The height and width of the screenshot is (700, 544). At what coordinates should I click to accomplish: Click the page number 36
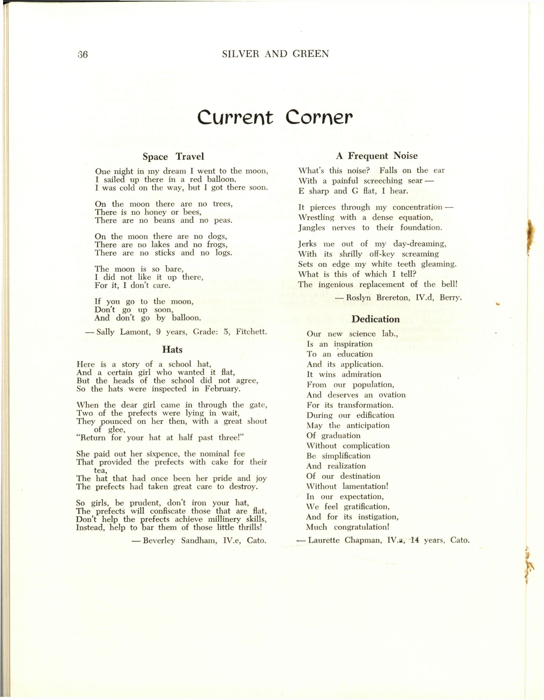83,54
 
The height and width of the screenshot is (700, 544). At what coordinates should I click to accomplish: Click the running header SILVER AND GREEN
275,54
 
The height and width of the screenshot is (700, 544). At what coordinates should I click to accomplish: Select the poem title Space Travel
173,157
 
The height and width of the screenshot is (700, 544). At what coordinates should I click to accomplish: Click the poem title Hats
172,349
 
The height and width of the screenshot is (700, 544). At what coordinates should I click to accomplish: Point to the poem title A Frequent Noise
377,156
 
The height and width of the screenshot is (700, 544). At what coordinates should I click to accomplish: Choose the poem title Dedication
376,319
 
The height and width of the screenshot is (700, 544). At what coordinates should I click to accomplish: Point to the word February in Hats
223,389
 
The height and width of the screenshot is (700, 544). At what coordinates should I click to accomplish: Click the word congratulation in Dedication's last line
361,527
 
